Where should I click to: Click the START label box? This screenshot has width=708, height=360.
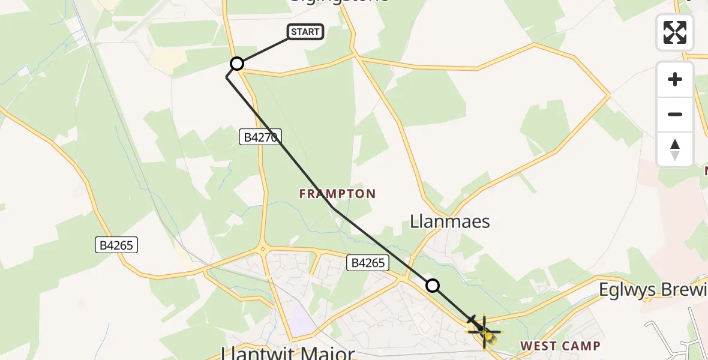coord(306,32)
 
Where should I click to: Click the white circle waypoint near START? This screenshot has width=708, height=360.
coord(237,64)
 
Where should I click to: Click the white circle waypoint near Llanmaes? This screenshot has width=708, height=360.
coord(432,286)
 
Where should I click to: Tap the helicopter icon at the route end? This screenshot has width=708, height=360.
coord(482,328)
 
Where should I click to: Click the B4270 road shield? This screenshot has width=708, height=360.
coord(260,137)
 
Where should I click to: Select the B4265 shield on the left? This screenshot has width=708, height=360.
coord(117,245)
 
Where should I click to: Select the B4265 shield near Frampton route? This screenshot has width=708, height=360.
coord(368,262)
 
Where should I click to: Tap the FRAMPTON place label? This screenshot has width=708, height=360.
coord(337,194)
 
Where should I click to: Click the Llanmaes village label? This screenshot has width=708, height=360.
coord(449,221)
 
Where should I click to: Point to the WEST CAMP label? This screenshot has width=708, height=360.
coord(560,346)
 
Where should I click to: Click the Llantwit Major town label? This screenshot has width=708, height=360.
coord(288,353)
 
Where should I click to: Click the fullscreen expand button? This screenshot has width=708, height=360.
coord(675,32)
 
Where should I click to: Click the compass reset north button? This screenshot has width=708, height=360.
coord(675,149)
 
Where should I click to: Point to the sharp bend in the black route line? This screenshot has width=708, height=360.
coord(227,78)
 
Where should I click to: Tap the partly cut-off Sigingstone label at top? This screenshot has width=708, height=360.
coord(339,2)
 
